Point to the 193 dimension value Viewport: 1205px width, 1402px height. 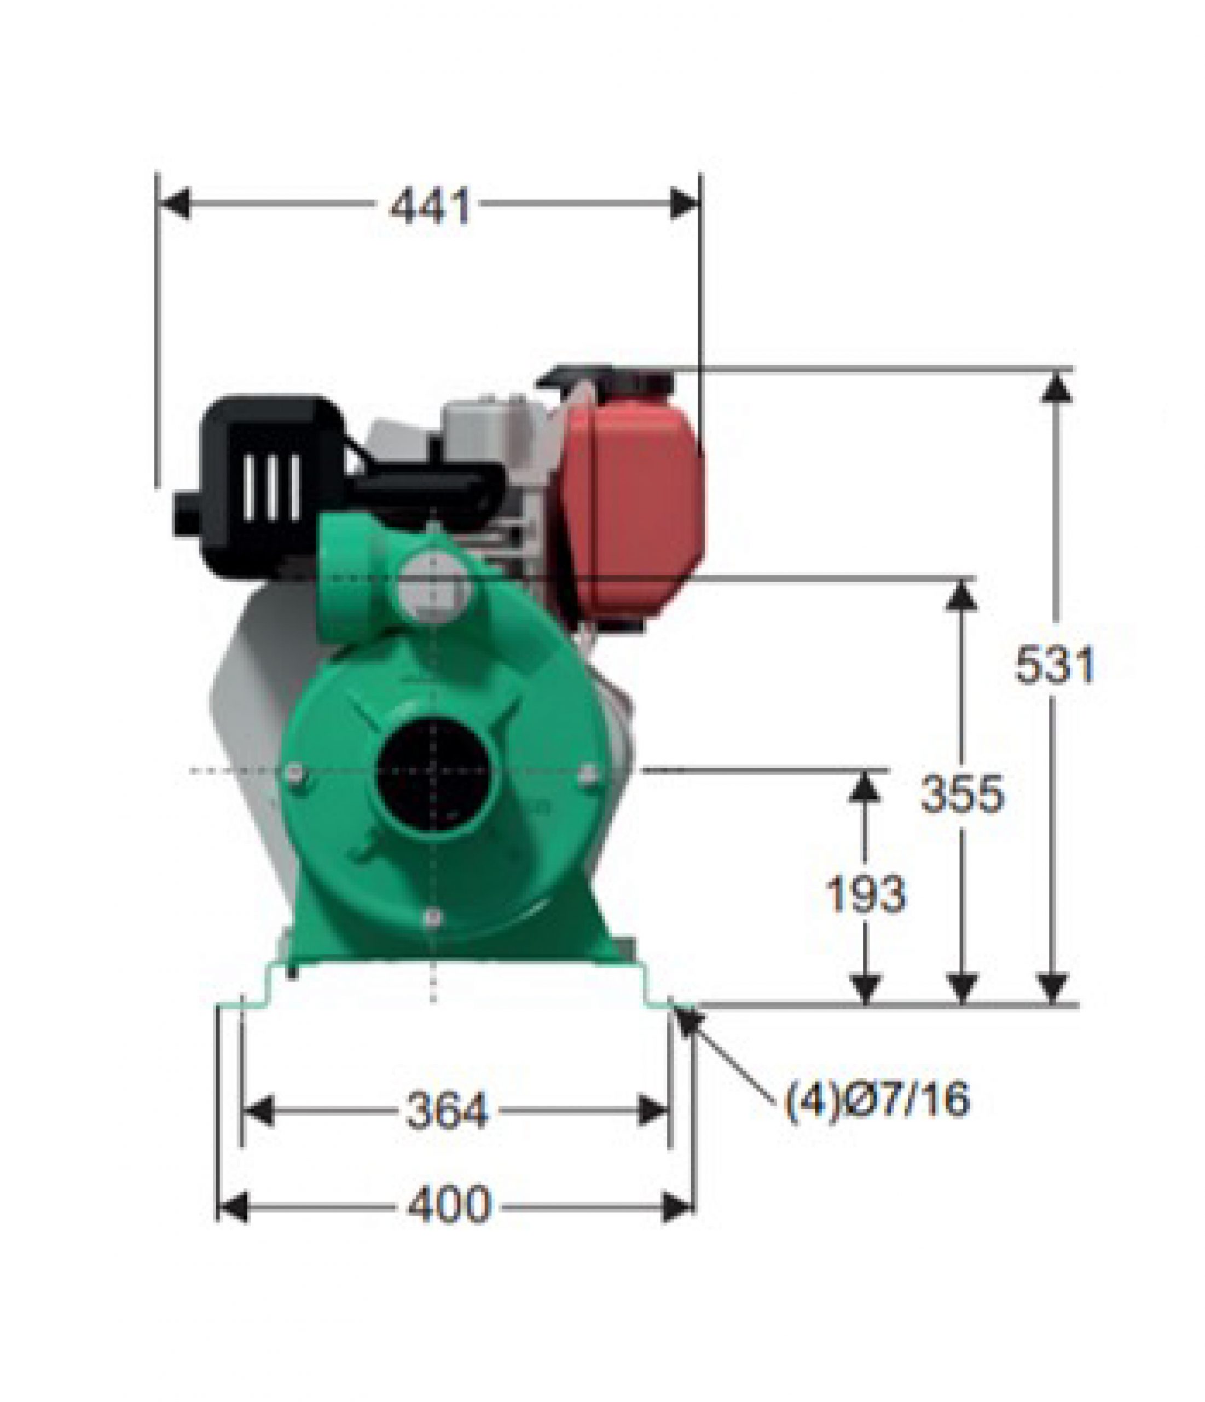[866, 894]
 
